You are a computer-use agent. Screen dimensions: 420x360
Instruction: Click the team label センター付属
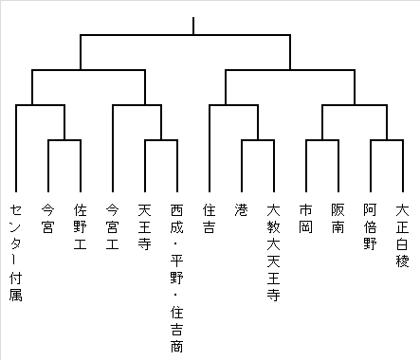tap(16, 252)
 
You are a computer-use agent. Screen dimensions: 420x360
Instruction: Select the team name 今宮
tap(48, 219)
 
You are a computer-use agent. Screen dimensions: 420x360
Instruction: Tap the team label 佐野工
tap(81, 226)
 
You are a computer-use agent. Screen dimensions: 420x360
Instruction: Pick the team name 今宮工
tap(113, 226)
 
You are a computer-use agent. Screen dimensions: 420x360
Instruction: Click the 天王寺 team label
tap(145, 226)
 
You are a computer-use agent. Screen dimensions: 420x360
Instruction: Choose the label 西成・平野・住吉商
tap(177, 278)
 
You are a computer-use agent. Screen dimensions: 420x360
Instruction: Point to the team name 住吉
tap(210, 219)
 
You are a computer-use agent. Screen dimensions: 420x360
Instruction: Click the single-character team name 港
tap(242, 210)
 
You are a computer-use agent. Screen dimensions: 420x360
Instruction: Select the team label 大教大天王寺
tap(274, 252)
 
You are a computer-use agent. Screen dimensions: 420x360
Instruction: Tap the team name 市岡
tap(306, 219)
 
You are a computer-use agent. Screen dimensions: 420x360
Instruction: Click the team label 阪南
tap(338, 219)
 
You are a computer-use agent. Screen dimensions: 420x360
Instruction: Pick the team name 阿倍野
tap(371, 226)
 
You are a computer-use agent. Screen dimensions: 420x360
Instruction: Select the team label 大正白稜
tap(403, 235)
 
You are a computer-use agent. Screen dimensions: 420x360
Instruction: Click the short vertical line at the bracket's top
tap(193, 26)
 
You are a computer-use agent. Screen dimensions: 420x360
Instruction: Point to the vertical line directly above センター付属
tap(16, 149)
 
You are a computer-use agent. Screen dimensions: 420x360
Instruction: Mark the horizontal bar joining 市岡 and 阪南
tap(322, 140)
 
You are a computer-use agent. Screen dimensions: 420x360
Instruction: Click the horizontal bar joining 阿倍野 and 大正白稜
tap(387, 140)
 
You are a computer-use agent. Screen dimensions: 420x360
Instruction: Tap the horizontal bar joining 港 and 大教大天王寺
tap(258, 140)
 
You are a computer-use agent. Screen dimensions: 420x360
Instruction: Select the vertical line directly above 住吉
tap(210, 149)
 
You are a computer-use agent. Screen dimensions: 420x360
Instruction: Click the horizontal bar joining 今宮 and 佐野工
tap(64, 140)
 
